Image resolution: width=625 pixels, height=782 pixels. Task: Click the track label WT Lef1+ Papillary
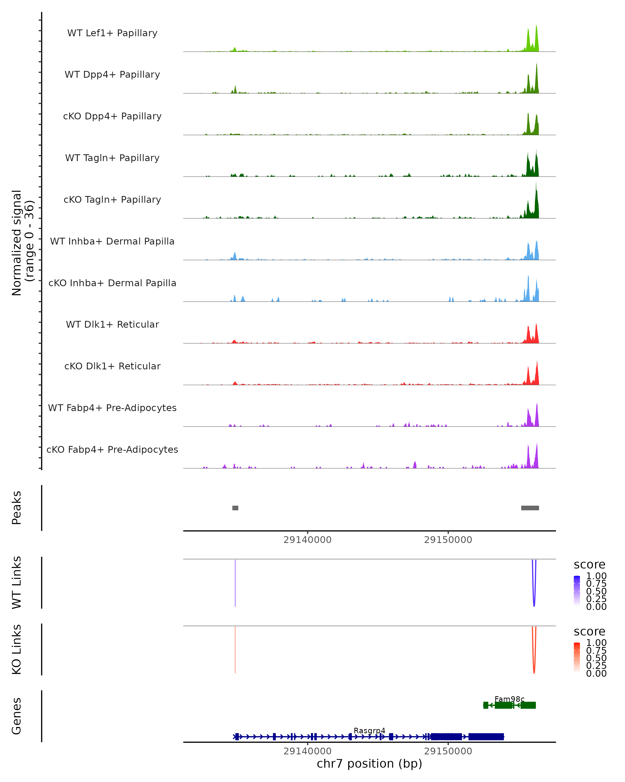coord(112,33)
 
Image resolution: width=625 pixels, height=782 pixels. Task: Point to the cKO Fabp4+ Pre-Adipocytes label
coord(112,449)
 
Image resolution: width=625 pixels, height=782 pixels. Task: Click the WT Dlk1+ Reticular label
coord(112,324)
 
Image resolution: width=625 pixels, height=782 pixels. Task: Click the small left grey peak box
coord(235,508)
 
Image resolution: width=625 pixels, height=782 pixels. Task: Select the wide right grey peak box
coord(530,508)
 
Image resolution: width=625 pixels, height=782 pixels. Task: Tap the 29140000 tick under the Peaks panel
coord(307,540)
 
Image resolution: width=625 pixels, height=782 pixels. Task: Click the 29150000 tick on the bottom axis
coord(448,751)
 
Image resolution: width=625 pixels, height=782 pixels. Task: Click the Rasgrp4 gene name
coord(369,730)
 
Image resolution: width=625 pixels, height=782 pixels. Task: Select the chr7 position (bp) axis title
coord(369,763)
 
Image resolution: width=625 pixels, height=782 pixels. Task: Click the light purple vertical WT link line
coord(235,582)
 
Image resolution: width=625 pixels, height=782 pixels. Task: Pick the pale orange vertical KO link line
coord(235,649)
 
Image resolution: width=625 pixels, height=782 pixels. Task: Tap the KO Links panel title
coord(17,649)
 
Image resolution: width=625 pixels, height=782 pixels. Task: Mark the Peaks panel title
coord(17,508)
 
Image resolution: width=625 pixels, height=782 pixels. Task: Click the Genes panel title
coord(17,716)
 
